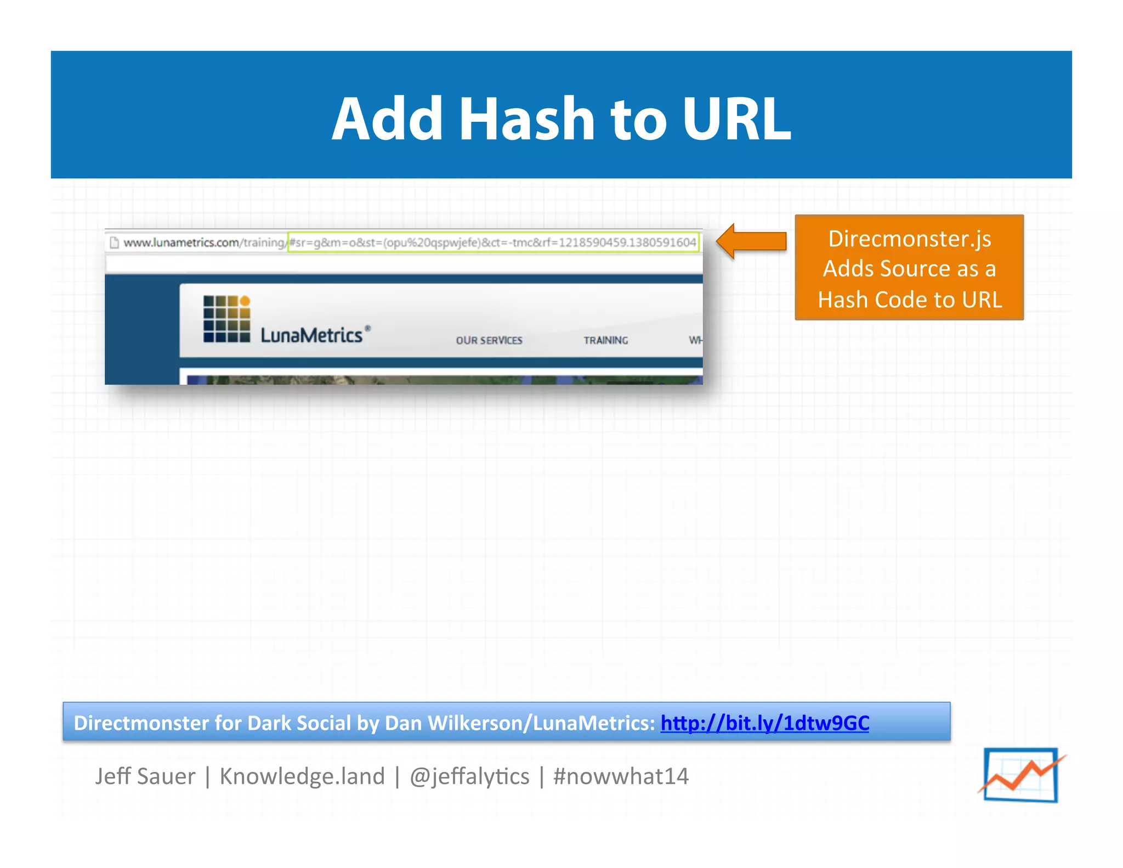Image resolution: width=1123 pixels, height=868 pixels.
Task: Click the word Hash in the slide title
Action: [x=527, y=119]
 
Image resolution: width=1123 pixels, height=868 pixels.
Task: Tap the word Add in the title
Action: [x=387, y=119]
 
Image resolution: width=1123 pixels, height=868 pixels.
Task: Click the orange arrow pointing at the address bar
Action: [x=752, y=241]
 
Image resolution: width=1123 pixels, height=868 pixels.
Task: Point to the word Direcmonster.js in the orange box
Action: [x=909, y=239]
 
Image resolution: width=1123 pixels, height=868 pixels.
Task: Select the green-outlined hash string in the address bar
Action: [x=493, y=243]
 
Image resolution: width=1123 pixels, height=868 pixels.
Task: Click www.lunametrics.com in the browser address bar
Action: [x=181, y=243]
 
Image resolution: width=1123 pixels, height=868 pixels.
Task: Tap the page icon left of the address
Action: [x=114, y=243]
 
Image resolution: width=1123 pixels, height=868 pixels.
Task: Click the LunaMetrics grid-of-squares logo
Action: [x=226, y=319]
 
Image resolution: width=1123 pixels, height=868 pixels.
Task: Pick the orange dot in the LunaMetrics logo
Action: [x=245, y=301]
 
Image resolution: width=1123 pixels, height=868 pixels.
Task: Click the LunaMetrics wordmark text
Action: [x=311, y=335]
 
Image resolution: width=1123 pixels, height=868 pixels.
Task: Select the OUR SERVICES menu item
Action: [x=489, y=341]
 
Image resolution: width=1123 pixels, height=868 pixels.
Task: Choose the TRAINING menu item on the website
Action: [x=605, y=341]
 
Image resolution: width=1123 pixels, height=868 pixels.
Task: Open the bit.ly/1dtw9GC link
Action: [x=764, y=723]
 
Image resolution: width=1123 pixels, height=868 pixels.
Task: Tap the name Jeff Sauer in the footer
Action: [x=145, y=776]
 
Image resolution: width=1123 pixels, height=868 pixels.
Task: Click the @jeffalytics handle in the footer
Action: [x=469, y=776]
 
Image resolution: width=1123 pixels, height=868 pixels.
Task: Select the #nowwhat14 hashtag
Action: [x=621, y=776]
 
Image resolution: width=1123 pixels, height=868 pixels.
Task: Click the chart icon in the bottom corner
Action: [x=1021, y=775]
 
